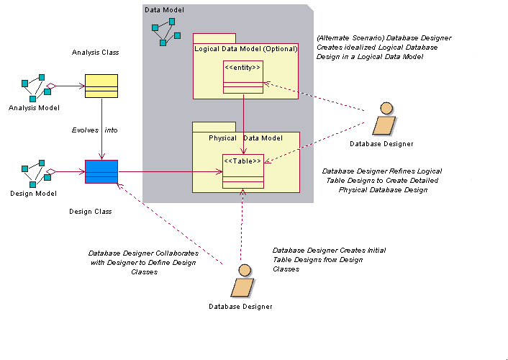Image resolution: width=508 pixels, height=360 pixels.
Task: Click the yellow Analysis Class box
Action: click(x=101, y=86)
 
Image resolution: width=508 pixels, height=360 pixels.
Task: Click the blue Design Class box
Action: click(x=101, y=172)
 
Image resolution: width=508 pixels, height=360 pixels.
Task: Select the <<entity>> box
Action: click(x=242, y=77)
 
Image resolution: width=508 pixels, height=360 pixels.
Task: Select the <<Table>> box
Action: click(x=242, y=171)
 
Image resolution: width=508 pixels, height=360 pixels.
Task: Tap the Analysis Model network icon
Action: click(x=33, y=87)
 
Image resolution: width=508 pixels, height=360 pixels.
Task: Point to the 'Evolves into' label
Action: click(x=94, y=130)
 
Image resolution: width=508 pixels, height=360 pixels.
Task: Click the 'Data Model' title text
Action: click(x=164, y=10)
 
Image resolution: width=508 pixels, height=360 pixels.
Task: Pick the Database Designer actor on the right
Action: click(x=383, y=120)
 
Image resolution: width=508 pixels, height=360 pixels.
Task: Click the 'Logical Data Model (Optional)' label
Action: click(x=245, y=48)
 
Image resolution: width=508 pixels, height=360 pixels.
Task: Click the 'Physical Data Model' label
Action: click(x=245, y=138)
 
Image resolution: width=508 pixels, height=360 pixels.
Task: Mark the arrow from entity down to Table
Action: click(x=243, y=122)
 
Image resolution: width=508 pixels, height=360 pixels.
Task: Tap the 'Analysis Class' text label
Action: click(x=96, y=53)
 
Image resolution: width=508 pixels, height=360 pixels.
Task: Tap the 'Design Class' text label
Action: click(x=90, y=212)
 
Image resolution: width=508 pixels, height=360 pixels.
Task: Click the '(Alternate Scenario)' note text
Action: click(x=383, y=47)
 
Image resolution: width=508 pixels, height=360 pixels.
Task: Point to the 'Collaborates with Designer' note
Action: click(x=142, y=263)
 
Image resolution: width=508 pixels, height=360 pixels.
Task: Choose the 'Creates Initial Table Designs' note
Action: click(x=328, y=259)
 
